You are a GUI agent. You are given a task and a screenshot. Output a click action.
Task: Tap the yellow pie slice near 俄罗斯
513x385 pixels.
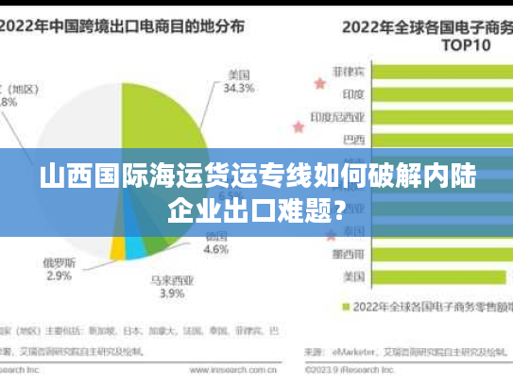click(x=117, y=247)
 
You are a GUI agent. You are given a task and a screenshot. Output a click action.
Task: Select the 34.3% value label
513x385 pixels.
click(x=238, y=89)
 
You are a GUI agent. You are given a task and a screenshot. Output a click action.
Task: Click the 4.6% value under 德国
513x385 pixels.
click(x=216, y=250)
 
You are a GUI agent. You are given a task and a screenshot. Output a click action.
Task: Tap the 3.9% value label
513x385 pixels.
click(x=171, y=293)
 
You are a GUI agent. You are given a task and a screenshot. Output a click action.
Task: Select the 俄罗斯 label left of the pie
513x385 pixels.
click(x=59, y=261)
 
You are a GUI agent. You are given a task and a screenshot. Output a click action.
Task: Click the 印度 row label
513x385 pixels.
click(x=355, y=93)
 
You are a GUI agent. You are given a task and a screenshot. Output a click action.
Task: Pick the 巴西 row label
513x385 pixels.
click(x=355, y=140)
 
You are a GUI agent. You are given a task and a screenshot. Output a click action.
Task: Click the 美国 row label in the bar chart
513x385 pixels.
click(x=355, y=276)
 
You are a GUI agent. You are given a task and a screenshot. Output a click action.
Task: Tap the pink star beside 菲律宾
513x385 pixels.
click(x=319, y=84)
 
